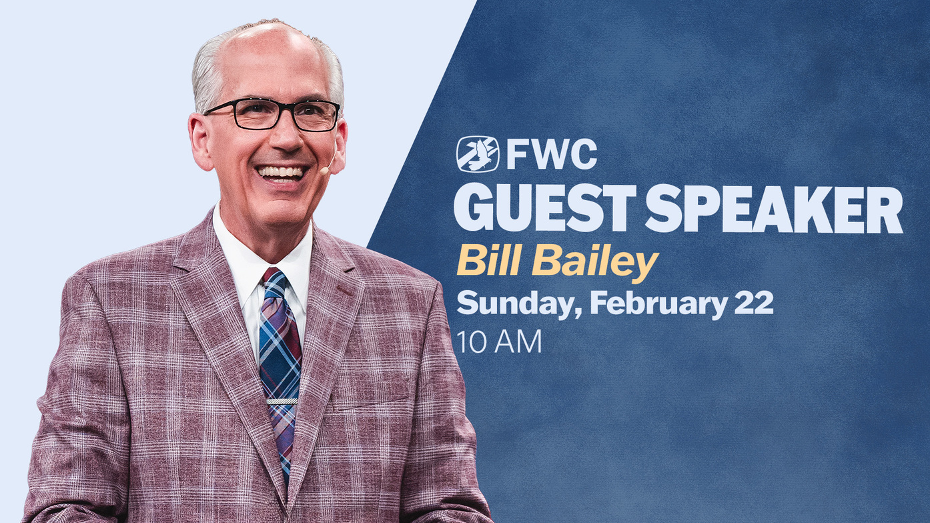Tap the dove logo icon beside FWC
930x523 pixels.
(478, 154)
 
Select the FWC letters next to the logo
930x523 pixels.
(552, 154)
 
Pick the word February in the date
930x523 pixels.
(657, 304)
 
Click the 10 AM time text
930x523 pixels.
(499, 342)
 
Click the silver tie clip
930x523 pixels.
(282, 401)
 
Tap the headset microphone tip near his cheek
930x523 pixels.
(323, 170)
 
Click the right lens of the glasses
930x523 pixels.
(316, 116)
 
